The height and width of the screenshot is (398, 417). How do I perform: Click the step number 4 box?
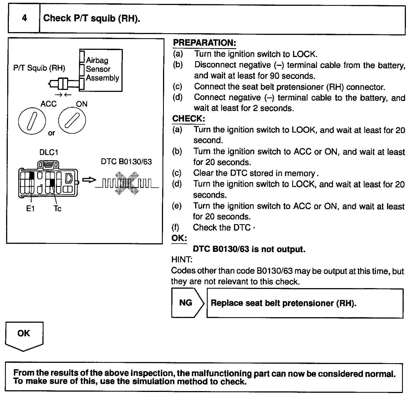(24, 19)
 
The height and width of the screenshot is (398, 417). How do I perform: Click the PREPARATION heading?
(204, 43)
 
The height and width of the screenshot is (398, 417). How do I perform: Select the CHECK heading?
(189, 119)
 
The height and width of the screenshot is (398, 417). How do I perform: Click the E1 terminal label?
(30, 209)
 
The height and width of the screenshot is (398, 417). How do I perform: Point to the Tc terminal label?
(57, 209)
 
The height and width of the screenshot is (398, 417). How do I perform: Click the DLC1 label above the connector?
(49, 152)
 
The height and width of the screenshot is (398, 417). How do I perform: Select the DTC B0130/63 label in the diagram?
(126, 162)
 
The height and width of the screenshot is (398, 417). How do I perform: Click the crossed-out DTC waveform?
(127, 183)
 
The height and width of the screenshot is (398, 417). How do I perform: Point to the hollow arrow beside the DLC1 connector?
(89, 180)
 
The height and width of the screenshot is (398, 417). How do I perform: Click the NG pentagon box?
(186, 303)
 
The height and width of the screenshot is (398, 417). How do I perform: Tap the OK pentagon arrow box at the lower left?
(24, 335)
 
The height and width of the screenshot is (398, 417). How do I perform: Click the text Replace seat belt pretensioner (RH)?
(283, 303)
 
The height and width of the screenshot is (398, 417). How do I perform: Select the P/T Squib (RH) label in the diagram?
(39, 68)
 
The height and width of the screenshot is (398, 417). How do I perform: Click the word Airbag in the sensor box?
(97, 60)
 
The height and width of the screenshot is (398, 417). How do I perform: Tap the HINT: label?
(182, 260)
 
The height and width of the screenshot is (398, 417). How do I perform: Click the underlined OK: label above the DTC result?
(179, 238)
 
